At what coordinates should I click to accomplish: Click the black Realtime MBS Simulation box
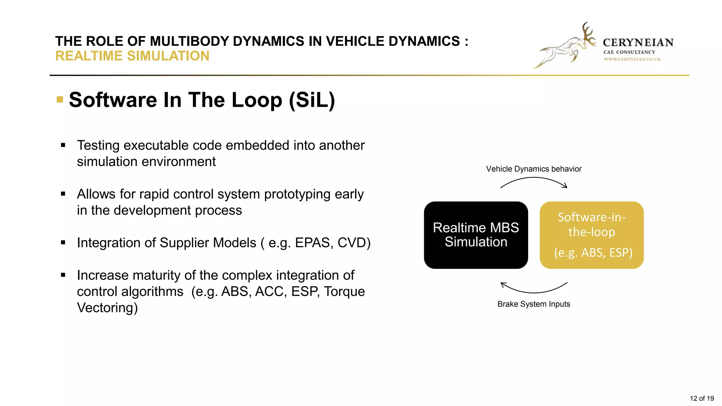pyautogui.click(x=476, y=235)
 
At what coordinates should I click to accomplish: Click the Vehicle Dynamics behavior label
pyautogui.click(x=533, y=169)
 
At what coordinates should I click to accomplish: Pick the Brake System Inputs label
pyautogui.click(x=533, y=304)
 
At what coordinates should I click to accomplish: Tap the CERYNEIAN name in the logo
pyautogui.click(x=638, y=43)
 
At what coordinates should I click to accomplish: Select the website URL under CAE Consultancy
pyautogui.click(x=632, y=59)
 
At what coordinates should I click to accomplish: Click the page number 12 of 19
pyautogui.click(x=702, y=398)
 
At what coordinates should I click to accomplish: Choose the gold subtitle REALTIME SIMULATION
pyautogui.click(x=132, y=56)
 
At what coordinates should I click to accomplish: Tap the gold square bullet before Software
pyautogui.click(x=60, y=99)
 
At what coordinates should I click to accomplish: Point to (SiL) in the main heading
pyautogui.click(x=312, y=100)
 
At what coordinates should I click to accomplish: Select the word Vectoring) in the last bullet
pyautogui.click(x=107, y=308)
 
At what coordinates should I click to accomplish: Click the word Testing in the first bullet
pyautogui.click(x=98, y=145)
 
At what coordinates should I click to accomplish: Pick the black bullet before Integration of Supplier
pyautogui.click(x=63, y=242)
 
